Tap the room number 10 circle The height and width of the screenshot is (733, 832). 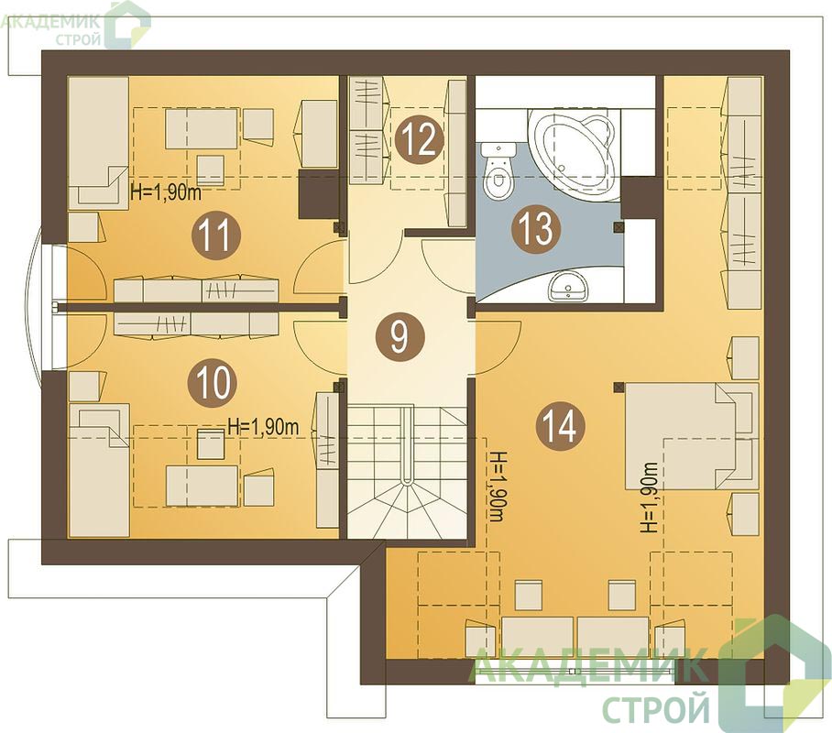point(213,383)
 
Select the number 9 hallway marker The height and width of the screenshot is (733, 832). point(400,338)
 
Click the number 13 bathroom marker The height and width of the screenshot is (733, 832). point(536,230)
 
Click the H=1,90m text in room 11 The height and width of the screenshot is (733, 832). point(166,192)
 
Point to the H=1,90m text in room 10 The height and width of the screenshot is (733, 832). point(263,427)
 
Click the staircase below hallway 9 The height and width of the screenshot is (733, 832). point(408,470)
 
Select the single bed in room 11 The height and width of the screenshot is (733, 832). point(98,143)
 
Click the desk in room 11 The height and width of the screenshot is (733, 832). point(201,129)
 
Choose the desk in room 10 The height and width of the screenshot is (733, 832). point(202,487)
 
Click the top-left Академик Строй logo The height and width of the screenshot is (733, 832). point(75,25)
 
